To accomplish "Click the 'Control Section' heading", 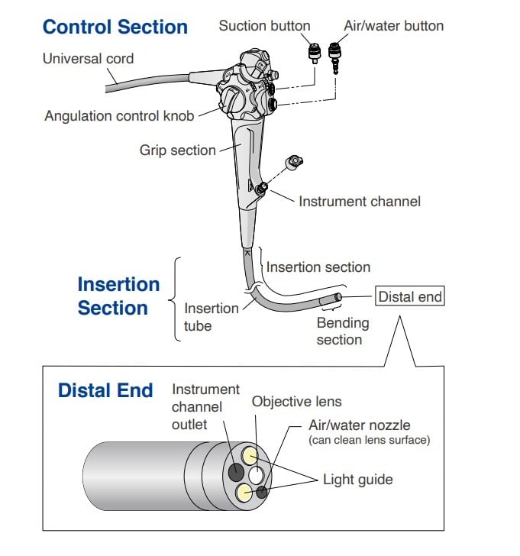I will (x=115, y=27).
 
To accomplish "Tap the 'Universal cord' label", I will (x=88, y=58).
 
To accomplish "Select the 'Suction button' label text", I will (x=264, y=25).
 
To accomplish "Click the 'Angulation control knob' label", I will (x=119, y=115).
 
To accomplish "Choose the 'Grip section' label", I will (x=177, y=150).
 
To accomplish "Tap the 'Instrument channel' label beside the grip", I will (x=359, y=202).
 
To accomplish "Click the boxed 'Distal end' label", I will (x=410, y=296).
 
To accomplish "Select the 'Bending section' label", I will (x=342, y=331).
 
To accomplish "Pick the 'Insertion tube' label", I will (x=212, y=316).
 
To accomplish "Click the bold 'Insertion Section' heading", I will (x=118, y=296).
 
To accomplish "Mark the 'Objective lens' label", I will (x=296, y=401).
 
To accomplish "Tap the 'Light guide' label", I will (x=357, y=480).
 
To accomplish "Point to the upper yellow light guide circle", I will (x=249, y=456).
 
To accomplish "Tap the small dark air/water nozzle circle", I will (x=262, y=493).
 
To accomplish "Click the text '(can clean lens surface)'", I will (x=370, y=440).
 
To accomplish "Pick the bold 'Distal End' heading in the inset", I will (x=105, y=390).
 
